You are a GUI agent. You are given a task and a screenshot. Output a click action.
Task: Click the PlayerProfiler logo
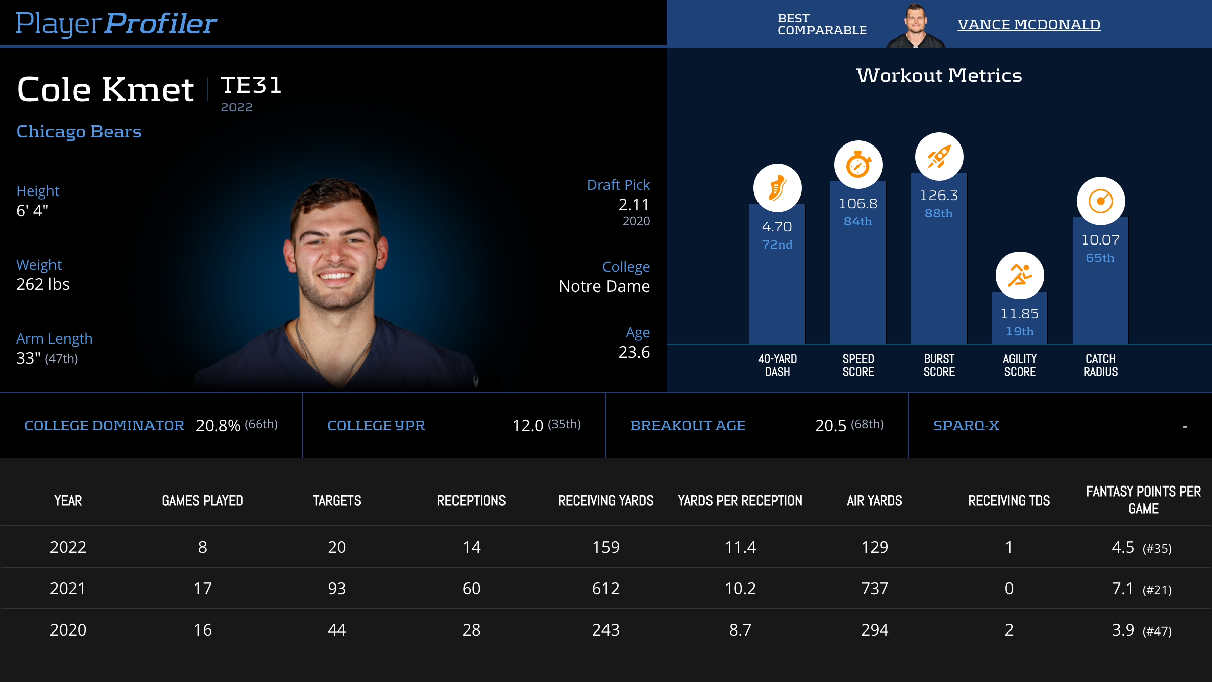pos(116,23)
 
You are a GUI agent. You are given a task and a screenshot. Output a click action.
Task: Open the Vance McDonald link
pos(1029,24)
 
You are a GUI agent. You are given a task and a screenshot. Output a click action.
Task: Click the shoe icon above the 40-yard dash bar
pos(777,188)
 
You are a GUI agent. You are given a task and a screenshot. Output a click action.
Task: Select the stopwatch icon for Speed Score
pos(858,165)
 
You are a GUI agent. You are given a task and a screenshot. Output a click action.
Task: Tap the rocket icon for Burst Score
pos(939,157)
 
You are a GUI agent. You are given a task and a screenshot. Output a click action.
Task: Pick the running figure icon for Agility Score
pos(1020,275)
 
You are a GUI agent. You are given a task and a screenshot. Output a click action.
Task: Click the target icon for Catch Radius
pos(1100,201)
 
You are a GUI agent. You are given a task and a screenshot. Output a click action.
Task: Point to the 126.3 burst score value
pos(939,196)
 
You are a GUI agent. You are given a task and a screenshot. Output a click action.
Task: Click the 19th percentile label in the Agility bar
pos(1020,331)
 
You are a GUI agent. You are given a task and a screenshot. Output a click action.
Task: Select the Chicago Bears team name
pos(79,131)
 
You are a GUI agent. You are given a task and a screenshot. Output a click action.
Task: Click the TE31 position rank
pos(251,85)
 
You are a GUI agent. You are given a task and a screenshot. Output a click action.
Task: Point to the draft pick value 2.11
pos(634,205)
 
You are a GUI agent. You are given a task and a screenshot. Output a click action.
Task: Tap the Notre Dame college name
pos(604,286)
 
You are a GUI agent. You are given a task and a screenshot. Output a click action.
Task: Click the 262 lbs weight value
pos(43,284)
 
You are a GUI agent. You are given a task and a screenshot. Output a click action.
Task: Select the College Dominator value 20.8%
pos(218,426)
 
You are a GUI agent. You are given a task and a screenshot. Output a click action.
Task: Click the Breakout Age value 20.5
pos(830,426)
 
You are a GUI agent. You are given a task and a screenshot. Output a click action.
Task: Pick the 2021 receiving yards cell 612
pos(605,589)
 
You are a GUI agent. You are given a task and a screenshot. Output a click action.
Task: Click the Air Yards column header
pos(874,501)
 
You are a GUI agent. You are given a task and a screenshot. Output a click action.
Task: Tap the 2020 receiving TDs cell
pos(1008,630)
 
